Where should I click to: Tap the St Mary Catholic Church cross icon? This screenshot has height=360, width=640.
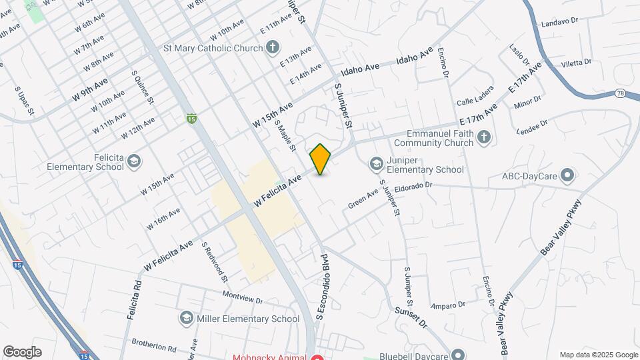coord(272,48)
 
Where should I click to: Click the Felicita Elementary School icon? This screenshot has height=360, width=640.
coord(134,161)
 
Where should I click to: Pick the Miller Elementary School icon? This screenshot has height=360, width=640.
coord(187,319)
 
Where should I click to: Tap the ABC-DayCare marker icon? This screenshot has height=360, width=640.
coord(567,177)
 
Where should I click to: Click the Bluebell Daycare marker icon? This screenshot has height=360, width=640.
coord(457,355)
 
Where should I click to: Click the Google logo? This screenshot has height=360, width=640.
coord(22,352)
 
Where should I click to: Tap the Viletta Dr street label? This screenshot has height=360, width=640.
coord(577,63)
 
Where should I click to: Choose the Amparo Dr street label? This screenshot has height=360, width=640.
coord(447,305)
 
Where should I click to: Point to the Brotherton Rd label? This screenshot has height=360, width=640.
coord(153,348)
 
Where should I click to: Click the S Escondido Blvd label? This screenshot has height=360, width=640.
coord(323,286)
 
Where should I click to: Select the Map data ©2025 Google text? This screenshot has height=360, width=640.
coord(599,355)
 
